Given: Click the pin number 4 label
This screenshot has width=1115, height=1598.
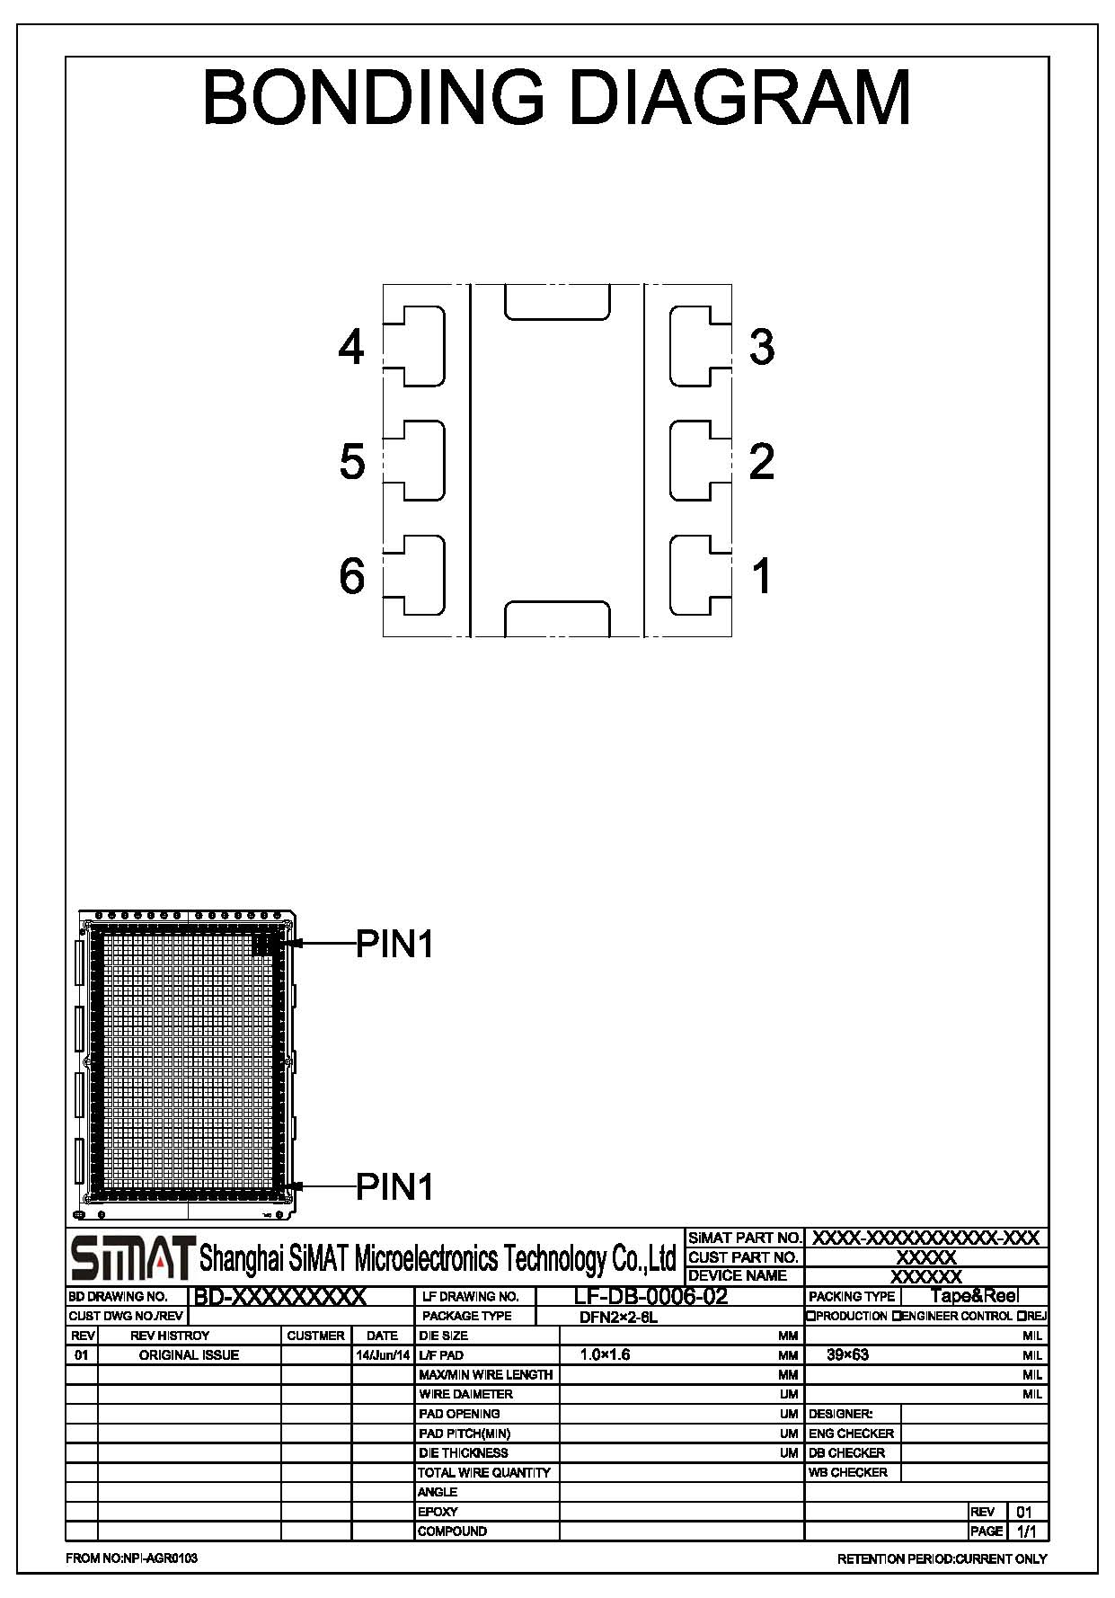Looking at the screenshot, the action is [x=351, y=347].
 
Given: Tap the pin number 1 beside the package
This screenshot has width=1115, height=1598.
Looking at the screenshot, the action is [x=762, y=576].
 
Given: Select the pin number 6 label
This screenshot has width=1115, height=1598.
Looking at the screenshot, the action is [x=352, y=575].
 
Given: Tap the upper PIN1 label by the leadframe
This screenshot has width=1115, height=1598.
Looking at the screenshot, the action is [x=395, y=944].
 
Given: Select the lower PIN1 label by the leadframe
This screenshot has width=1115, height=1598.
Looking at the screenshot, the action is [x=395, y=1187].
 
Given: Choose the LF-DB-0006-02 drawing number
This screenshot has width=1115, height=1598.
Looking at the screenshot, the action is [x=650, y=1296].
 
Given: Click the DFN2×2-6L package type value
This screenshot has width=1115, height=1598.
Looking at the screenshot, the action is [x=619, y=1318].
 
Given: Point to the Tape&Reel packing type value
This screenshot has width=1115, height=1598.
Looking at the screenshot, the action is [x=974, y=1296].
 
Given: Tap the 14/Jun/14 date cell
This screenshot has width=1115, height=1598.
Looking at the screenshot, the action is [x=384, y=1355].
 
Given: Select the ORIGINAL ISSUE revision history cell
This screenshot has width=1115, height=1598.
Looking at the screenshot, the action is [x=189, y=1355].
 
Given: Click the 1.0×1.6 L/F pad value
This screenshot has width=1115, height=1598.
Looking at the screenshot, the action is [x=605, y=1355].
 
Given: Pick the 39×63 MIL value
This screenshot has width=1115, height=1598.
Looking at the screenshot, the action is [x=847, y=1355].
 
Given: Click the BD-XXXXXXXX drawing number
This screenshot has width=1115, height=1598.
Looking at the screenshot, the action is [x=280, y=1297].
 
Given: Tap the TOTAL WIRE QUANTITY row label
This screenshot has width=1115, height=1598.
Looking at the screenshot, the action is [x=484, y=1472].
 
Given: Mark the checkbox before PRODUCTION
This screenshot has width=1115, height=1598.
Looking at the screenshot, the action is [x=811, y=1317].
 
